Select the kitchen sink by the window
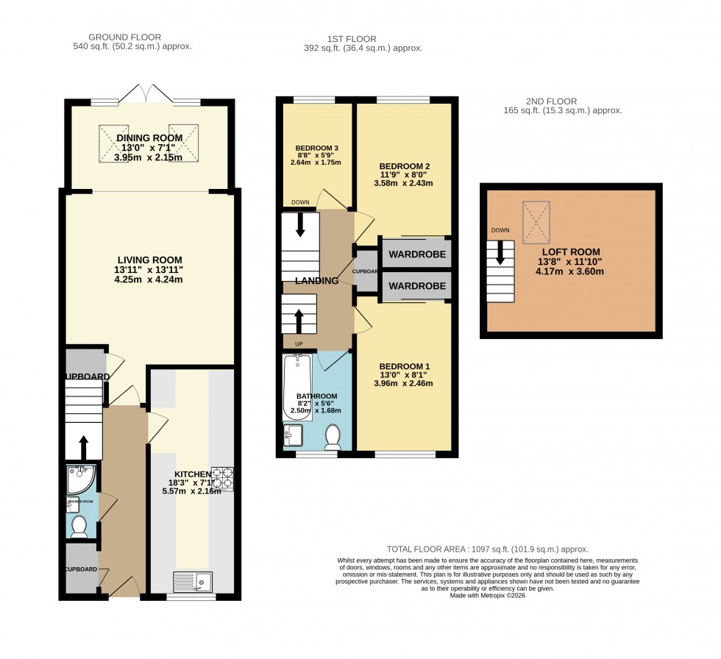point(192,582)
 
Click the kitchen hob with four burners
point(222,479)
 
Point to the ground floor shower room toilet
point(79,527)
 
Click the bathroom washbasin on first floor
point(293,435)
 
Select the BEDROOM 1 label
point(403,366)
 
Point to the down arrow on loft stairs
point(500,254)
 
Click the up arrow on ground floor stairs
point(82,445)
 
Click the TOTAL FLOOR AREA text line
point(488,549)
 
